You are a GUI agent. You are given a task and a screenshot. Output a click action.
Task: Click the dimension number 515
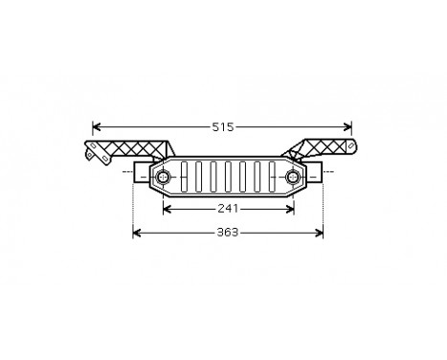[x=223, y=126]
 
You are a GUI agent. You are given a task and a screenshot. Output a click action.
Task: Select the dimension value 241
[x=228, y=207]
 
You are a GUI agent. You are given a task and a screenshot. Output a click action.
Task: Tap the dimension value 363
[x=226, y=232]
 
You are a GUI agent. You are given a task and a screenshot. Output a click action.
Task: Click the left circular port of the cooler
[x=163, y=178]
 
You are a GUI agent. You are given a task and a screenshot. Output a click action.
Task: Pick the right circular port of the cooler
[x=291, y=178]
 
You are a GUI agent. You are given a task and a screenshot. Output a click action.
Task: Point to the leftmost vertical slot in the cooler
[x=186, y=178]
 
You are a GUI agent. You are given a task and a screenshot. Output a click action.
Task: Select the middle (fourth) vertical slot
[x=228, y=178]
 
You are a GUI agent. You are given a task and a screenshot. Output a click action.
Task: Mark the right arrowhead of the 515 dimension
[x=349, y=126]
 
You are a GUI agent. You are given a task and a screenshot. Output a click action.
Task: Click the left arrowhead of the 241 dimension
[x=168, y=207]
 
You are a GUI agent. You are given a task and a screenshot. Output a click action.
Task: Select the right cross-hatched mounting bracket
[x=321, y=149]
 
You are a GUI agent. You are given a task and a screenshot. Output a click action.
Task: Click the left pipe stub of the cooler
[x=141, y=178]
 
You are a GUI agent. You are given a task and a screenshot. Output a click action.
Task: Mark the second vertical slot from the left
[x=200, y=178]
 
